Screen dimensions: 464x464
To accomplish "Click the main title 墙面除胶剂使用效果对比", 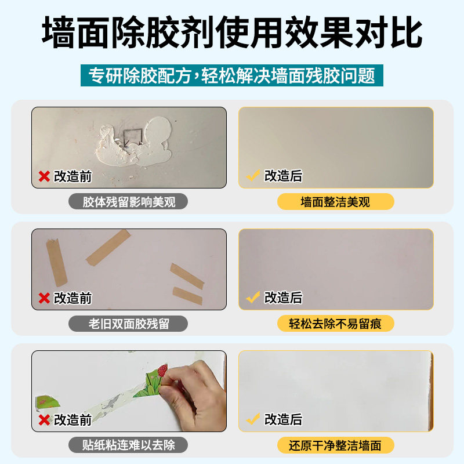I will coord(232,34).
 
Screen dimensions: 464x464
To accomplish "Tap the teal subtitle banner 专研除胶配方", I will coord(232,76).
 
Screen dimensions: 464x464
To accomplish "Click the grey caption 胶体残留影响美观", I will coord(129,202).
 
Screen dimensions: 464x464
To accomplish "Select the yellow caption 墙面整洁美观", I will coord(335,202).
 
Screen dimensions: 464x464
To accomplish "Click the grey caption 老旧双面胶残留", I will coord(129,324).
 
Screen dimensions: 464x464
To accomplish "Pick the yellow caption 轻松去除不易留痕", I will coord(335,324).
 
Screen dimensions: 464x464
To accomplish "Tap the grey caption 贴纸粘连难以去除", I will coord(129,445).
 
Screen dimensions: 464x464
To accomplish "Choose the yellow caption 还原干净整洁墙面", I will coord(335,445).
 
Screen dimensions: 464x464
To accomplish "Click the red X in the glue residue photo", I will coord(44,176).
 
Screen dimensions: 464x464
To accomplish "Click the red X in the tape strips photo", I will coord(44,298).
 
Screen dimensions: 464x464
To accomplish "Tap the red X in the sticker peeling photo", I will coord(44,420).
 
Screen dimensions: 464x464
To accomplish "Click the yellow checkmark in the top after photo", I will coord(252,176).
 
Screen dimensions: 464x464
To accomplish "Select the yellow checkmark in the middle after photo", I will coord(252,298).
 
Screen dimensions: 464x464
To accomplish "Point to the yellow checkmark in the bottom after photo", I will coord(252,419).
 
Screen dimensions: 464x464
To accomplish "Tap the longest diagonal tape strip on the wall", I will coord(108,246).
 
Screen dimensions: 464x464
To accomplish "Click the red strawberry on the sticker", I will coord(164,369).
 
